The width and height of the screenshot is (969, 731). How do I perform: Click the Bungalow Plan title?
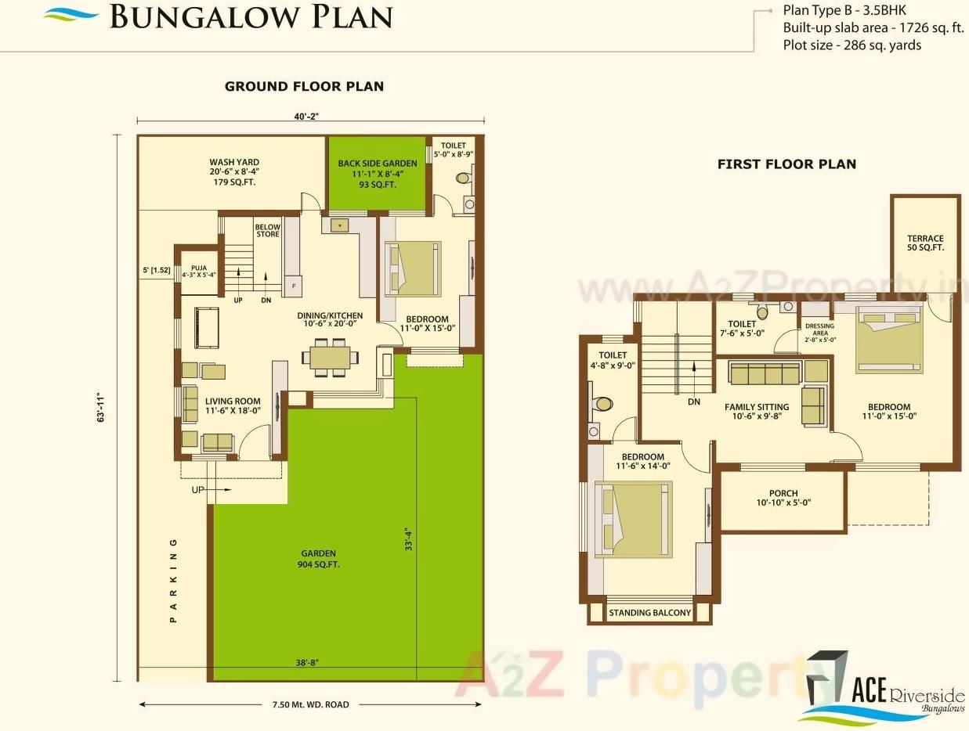click(250, 17)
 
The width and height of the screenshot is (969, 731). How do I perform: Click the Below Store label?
click(267, 231)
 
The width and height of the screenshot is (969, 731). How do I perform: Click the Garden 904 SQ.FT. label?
click(318, 559)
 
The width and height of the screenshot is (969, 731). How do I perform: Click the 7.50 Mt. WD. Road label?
click(310, 704)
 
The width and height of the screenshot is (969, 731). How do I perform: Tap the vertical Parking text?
click(174, 580)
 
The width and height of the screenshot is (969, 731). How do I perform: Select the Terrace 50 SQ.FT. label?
click(925, 243)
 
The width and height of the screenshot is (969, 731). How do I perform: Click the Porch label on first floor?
click(783, 498)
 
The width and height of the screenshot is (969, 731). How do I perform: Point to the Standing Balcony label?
click(650, 613)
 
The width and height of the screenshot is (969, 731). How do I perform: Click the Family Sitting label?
click(756, 412)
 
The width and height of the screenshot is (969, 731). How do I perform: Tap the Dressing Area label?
click(819, 333)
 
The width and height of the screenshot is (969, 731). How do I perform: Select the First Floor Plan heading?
click(786, 164)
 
